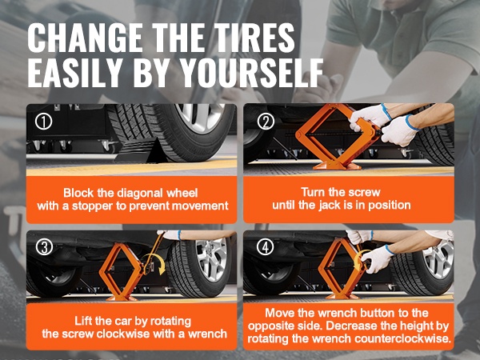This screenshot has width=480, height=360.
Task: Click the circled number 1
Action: (43, 122)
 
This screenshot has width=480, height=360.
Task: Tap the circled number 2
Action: (266, 122)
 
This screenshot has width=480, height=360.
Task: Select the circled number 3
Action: (44, 247)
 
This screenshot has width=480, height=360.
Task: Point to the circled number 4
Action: (265, 247)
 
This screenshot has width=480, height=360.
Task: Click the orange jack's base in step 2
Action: (337, 166)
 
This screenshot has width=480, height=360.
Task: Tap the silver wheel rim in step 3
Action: (211, 259)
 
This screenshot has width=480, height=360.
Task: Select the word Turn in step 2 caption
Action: (313, 192)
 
